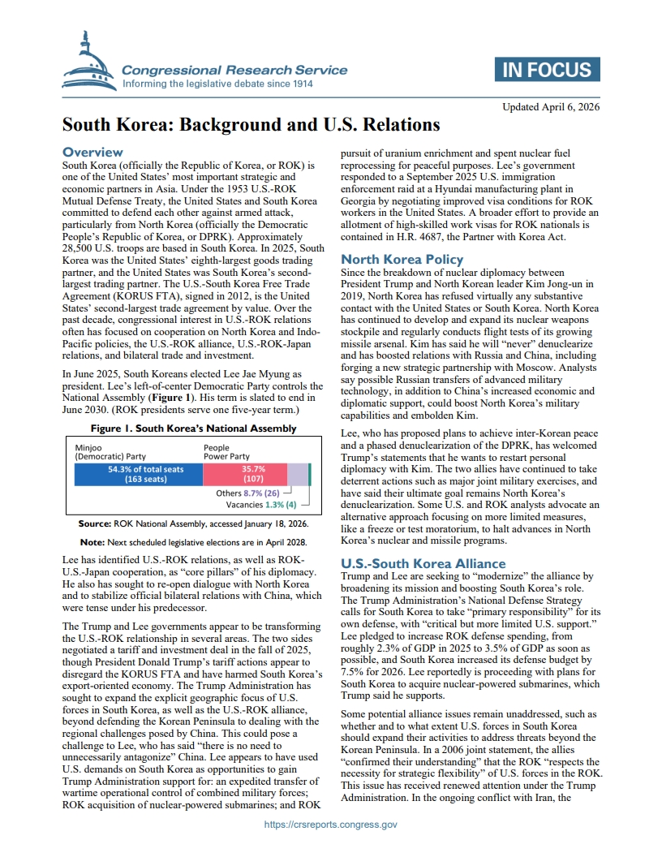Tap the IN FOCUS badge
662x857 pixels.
(x=548, y=70)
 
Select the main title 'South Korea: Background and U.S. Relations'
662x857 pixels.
(x=251, y=125)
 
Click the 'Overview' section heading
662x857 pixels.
(x=93, y=153)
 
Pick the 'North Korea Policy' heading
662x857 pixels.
(x=402, y=260)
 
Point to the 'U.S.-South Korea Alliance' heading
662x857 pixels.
(x=423, y=563)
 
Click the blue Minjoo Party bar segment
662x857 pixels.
(x=138, y=474)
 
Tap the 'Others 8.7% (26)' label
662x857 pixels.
(x=248, y=493)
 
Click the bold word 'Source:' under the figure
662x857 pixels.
(x=94, y=524)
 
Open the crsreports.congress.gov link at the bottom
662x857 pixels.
(x=331, y=825)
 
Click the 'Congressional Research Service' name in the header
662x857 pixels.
(x=234, y=70)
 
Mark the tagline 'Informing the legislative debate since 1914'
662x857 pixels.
(x=217, y=84)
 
